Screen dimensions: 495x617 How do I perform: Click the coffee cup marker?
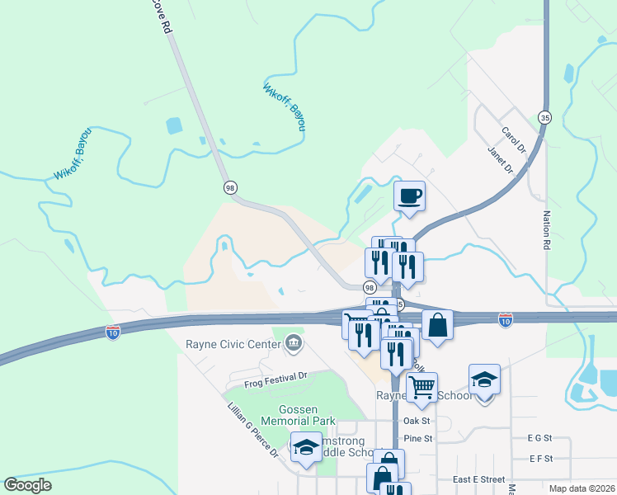pyautogui.click(x=409, y=196)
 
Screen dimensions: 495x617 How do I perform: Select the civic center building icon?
pyautogui.click(x=293, y=342)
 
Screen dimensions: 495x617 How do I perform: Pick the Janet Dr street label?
pyautogui.click(x=500, y=161)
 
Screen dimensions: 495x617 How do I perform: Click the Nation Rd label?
pyautogui.click(x=546, y=230)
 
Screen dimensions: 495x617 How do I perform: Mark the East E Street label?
pyautogui.click(x=478, y=479)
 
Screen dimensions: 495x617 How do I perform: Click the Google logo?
pyautogui.click(x=28, y=485)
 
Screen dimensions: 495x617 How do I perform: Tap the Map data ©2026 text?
pyautogui.click(x=582, y=488)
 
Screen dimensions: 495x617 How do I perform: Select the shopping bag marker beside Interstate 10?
pyautogui.click(x=437, y=325)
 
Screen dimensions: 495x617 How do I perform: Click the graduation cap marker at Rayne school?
pyautogui.click(x=484, y=379)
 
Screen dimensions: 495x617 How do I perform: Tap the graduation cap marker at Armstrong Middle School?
pyautogui.click(x=307, y=447)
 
